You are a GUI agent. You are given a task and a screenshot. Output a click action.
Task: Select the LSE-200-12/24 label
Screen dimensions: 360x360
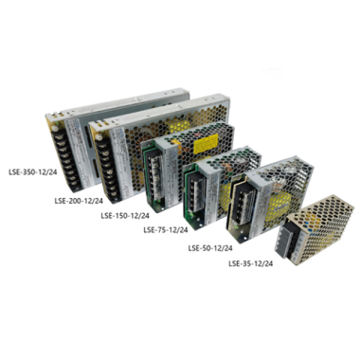point(79,201)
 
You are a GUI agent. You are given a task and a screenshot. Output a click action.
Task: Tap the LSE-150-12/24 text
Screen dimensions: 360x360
point(125,216)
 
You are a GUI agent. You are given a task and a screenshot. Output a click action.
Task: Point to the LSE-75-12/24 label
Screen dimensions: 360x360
point(166,230)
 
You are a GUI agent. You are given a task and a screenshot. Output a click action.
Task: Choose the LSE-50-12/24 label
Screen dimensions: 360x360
point(210,248)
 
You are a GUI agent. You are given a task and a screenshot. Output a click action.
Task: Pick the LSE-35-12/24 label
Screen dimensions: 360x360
point(251,263)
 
